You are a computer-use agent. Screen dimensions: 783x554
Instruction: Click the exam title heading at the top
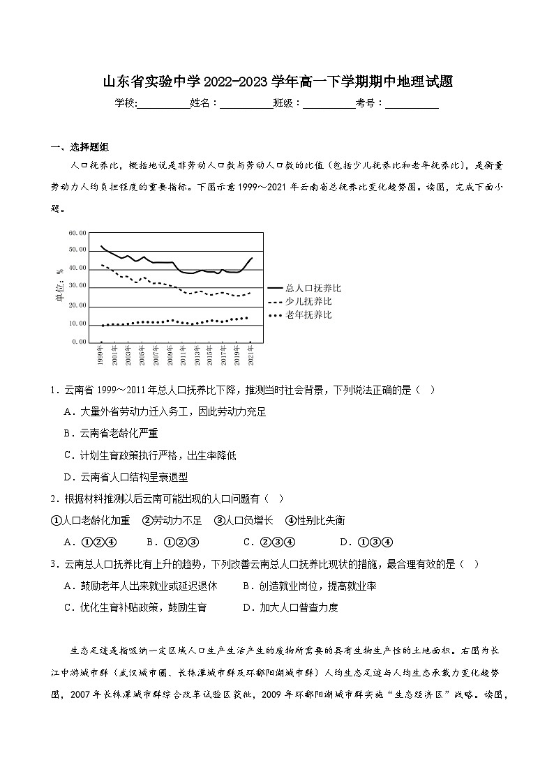pos(277,82)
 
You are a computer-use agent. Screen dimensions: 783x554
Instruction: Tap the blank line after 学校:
pos(164,104)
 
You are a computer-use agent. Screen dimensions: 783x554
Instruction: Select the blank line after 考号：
pos(412,104)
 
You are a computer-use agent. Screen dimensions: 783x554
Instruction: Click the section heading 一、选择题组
pos(80,146)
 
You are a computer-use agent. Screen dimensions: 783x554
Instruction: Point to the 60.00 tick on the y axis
pos(78,233)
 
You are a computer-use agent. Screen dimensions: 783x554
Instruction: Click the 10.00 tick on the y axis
pos(78,324)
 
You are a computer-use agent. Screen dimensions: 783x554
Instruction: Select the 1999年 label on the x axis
pos(100,356)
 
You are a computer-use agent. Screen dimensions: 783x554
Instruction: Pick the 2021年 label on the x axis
pos(251,356)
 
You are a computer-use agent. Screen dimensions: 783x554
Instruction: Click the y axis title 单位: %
pos(59,286)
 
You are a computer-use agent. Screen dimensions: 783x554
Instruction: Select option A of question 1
pos(165,412)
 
